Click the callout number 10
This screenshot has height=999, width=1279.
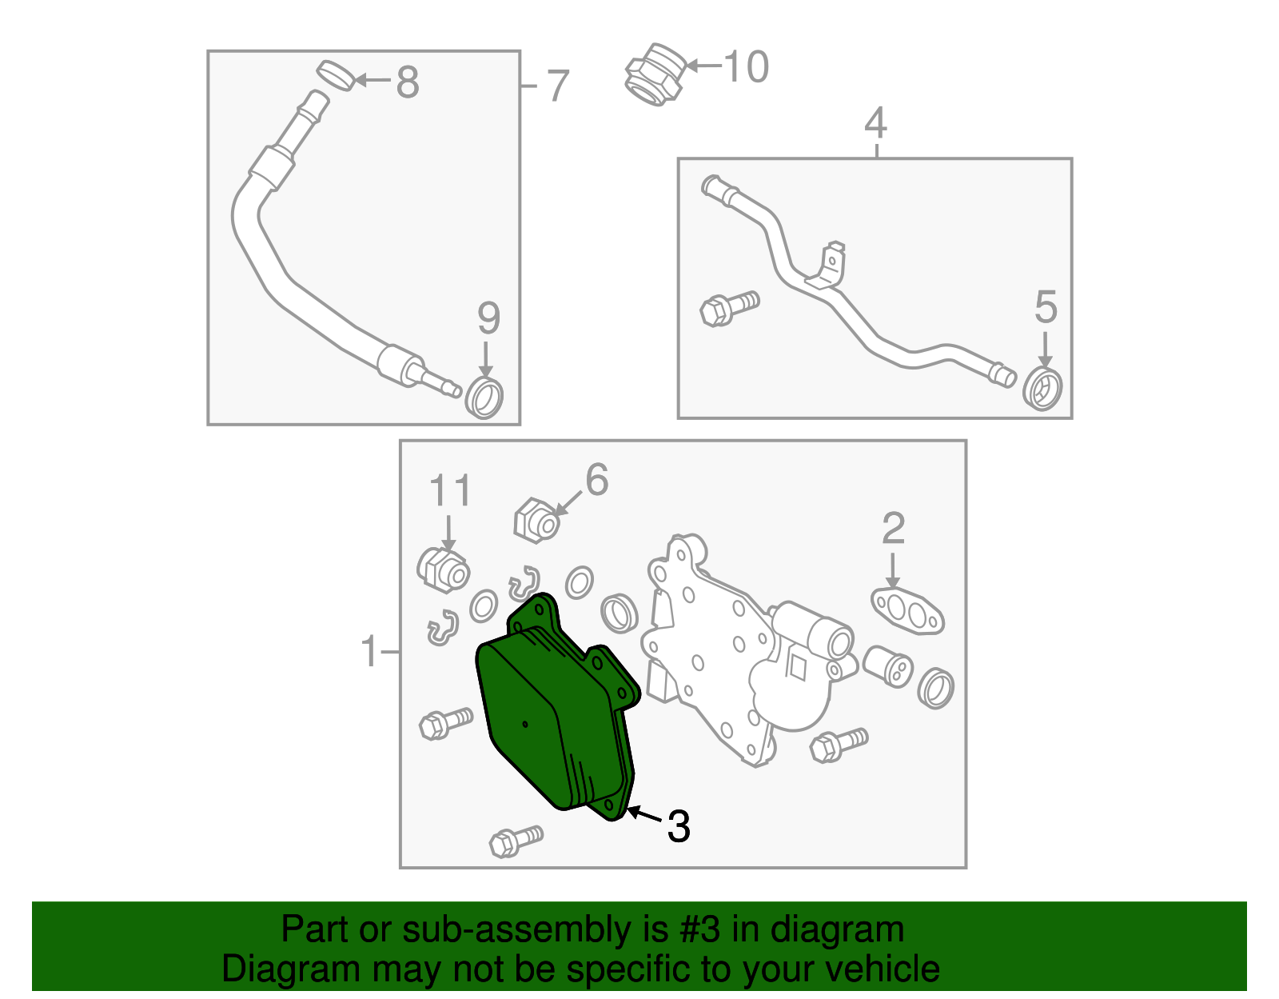click(746, 66)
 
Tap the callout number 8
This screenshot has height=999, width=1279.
click(408, 82)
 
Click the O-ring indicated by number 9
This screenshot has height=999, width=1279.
click(484, 398)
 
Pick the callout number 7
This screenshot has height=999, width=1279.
click(558, 86)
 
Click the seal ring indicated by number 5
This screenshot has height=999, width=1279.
click(1042, 389)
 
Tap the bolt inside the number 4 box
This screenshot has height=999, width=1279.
click(729, 308)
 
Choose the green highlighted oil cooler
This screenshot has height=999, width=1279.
click(556, 707)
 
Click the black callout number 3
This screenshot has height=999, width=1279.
click(678, 826)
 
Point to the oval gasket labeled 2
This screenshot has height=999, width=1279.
click(907, 611)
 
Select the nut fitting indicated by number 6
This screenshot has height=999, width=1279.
click(536, 521)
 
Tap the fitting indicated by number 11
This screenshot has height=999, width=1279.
click(443, 569)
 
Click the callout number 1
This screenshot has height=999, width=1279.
click(369, 651)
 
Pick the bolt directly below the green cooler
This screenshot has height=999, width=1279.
click(516, 841)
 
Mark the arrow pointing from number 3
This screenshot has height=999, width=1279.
click(644, 814)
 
